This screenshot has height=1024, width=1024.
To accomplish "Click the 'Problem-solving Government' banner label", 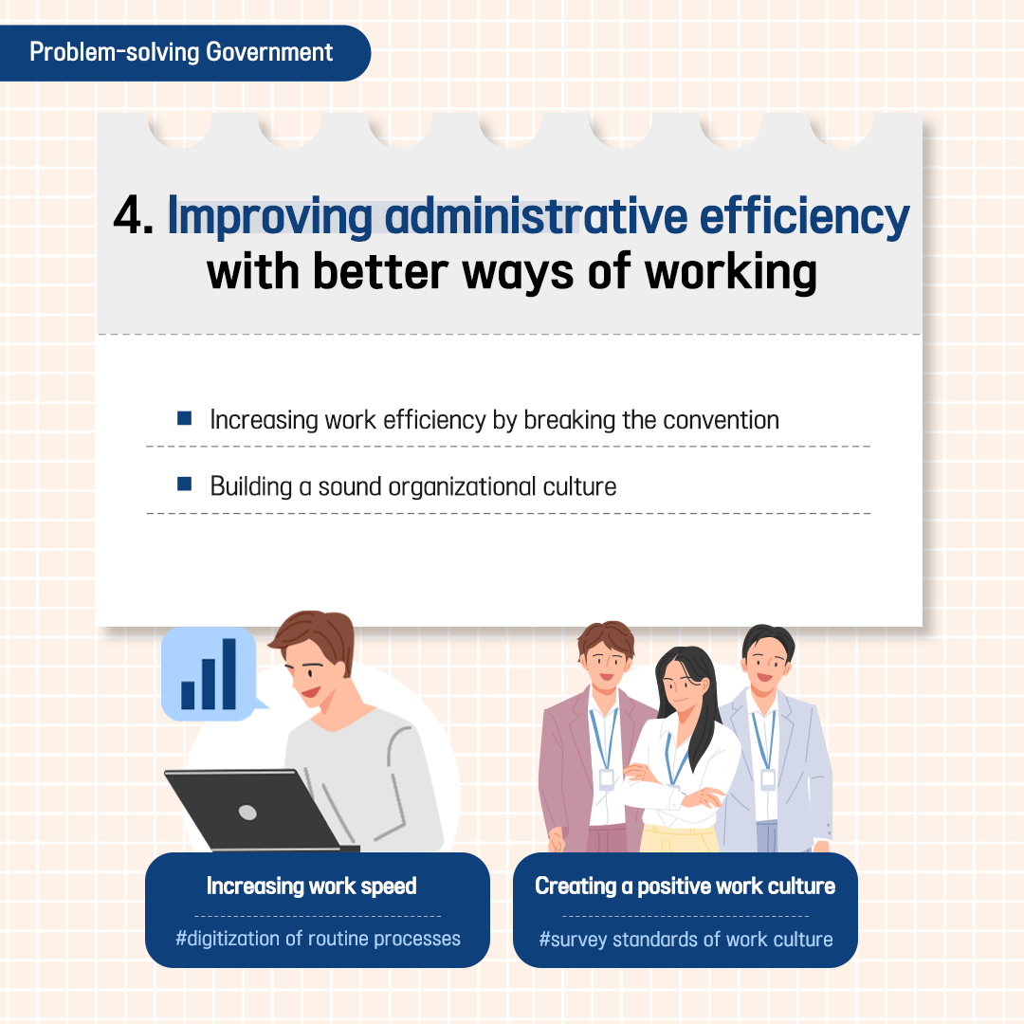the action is tap(181, 52).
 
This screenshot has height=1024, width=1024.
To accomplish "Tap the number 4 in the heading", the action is tap(127, 215).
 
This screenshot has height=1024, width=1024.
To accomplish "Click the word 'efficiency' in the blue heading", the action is tap(804, 217).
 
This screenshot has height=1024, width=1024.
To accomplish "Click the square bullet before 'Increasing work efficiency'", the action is tap(184, 418).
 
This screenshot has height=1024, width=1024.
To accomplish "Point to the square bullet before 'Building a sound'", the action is tap(184, 484).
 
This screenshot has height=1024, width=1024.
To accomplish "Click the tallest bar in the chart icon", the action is tap(229, 673).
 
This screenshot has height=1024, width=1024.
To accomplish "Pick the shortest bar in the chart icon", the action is tap(188, 695).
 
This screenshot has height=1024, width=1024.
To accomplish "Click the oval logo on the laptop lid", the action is tap(247, 812).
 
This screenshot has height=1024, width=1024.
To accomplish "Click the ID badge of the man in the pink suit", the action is tap(606, 779).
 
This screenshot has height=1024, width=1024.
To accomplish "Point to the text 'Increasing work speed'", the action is tap(312, 887).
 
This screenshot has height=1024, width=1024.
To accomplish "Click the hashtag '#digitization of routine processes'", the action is tap(318, 939).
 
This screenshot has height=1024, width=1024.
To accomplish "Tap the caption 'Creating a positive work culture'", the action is tap(686, 887).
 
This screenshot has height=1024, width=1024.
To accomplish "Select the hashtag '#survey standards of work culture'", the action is tap(686, 940).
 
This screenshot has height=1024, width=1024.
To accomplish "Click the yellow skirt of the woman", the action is tap(679, 838).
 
